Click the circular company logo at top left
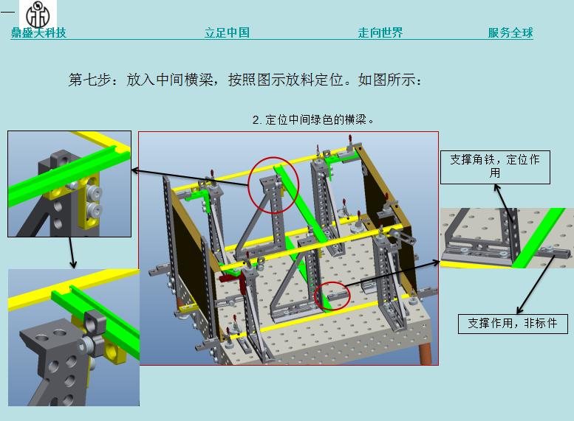pos(38,15)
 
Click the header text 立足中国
pos(227,32)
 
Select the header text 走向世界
pos(380,32)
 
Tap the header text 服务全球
pos(510,32)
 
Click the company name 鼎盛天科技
pos(38,32)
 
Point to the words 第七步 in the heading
pos(89,80)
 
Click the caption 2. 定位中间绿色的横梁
pos(312,119)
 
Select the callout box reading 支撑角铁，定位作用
pos(495,167)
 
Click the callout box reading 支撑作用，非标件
pos(513,323)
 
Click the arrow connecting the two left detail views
pos(72,253)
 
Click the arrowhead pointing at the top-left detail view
pos(134,170)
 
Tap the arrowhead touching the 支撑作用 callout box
pos(520,310)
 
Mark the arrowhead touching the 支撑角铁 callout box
pos(496,187)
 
